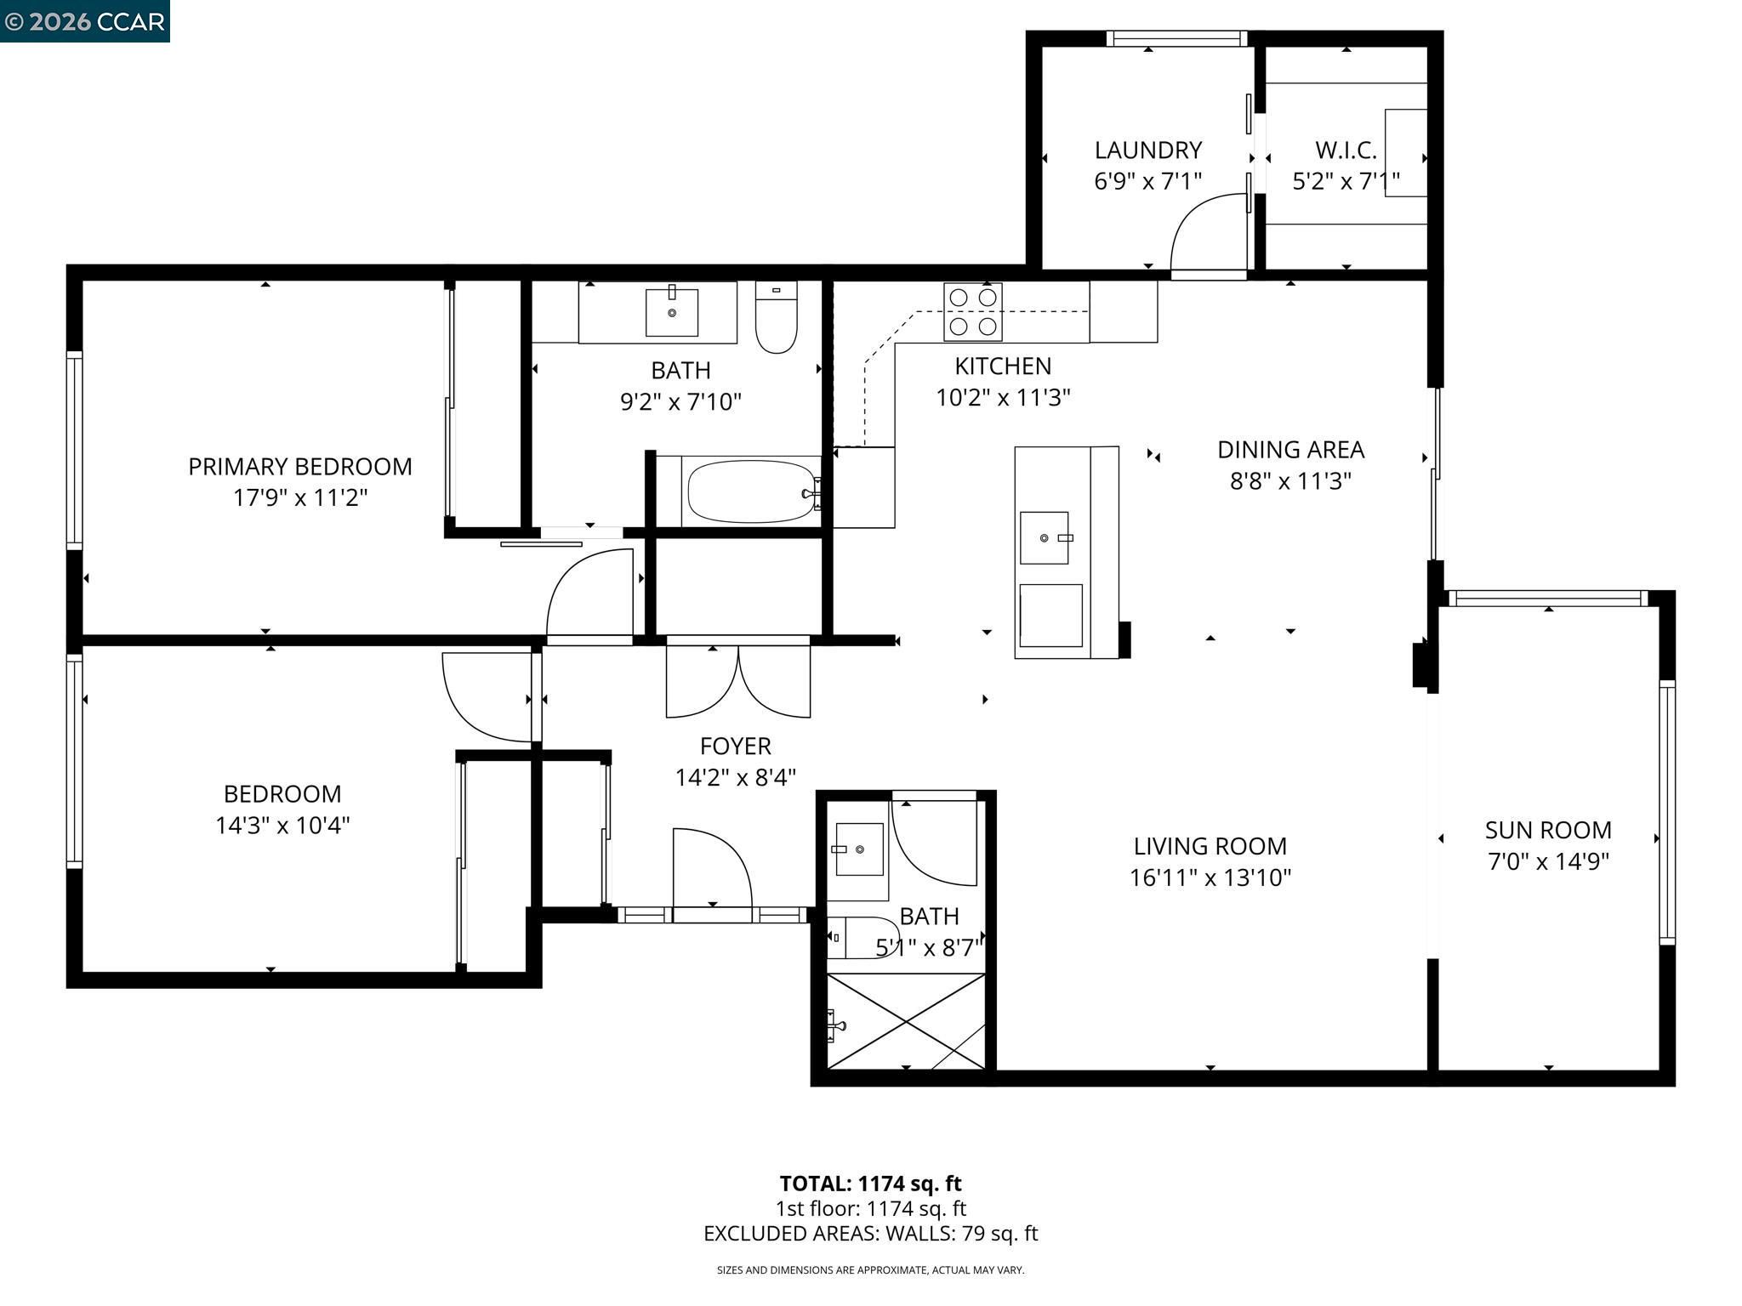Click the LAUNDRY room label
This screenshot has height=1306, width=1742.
1147,150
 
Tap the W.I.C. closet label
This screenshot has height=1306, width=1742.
1346,150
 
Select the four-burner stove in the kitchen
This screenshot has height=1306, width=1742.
973,312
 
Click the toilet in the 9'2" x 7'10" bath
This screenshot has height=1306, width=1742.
776,317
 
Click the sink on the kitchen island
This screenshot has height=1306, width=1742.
1045,537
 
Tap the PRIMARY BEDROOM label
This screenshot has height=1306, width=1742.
300,467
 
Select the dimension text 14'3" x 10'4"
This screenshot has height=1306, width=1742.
282,825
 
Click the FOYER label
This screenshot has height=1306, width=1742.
736,747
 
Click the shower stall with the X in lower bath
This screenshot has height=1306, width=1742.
906,1021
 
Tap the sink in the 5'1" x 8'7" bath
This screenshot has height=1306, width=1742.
859,849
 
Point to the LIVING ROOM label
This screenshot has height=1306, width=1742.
1210,846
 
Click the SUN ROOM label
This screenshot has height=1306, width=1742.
1548,830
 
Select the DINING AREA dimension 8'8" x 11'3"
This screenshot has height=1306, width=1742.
1290,481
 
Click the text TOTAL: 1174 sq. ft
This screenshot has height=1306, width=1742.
870,1184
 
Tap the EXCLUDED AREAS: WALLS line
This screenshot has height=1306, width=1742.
870,1233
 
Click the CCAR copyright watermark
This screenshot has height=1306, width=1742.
84,21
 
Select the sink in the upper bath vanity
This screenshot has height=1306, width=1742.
672,312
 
